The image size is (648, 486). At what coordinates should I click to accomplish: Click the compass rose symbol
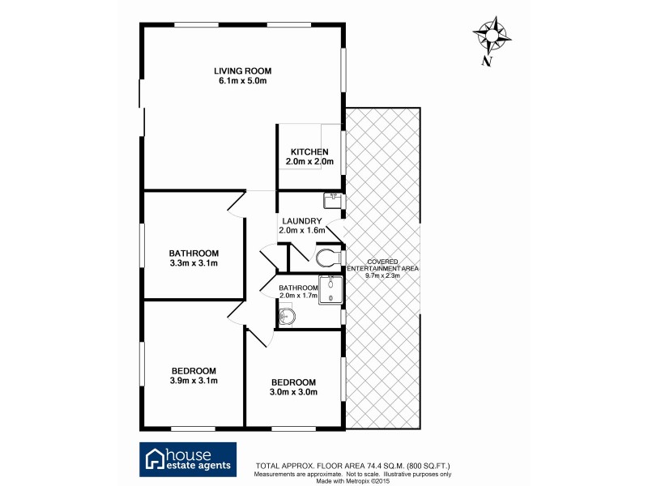[x=492, y=35]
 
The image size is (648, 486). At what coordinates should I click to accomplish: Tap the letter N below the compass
[x=486, y=61]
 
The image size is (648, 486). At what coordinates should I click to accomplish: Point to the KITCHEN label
[x=309, y=152]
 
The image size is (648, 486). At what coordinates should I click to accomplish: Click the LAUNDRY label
[x=302, y=221]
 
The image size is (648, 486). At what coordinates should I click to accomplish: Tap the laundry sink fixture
[x=332, y=199]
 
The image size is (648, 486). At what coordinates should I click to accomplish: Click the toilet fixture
[x=329, y=258]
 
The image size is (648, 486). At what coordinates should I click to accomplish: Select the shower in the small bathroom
[x=330, y=291]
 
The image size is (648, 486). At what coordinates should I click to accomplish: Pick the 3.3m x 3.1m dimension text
[x=194, y=263]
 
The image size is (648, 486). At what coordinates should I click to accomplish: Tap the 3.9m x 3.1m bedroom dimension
[x=194, y=381]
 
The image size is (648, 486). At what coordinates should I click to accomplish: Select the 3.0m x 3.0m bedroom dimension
[x=293, y=392]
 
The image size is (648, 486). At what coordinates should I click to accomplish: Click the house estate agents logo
[x=188, y=458]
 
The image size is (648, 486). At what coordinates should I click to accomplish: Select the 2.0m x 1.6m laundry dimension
[x=302, y=231]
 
